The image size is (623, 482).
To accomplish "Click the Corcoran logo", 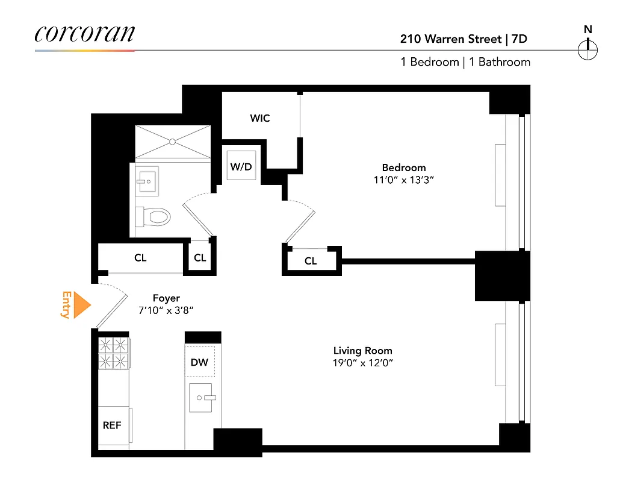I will click(x=84, y=34).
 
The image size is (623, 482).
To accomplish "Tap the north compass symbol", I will click(x=587, y=49).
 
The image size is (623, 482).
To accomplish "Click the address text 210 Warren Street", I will click(x=451, y=39).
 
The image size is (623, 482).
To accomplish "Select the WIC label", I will click(x=260, y=118).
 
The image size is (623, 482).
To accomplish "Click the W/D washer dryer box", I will click(x=241, y=167).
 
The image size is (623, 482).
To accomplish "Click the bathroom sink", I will click(x=146, y=180).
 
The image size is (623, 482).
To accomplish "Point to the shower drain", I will click(x=172, y=142).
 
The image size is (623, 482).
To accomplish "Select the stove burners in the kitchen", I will click(x=114, y=352).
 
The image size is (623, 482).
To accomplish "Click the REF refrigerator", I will click(x=113, y=425).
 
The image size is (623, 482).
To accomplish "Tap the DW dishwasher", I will click(x=199, y=362).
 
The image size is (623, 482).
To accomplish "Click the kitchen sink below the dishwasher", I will click(x=201, y=398).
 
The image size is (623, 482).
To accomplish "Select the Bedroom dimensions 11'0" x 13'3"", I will click(x=404, y=180).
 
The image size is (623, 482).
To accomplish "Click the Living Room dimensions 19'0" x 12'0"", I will click(x=363, y=363).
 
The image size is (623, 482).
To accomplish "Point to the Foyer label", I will click(x=166, y=298).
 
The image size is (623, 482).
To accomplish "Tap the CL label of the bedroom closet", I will click(x=311, y=261).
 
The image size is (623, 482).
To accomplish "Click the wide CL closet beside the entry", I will click(x=140, y=258).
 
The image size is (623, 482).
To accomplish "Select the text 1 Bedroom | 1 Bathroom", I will click(x=465, y=62).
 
